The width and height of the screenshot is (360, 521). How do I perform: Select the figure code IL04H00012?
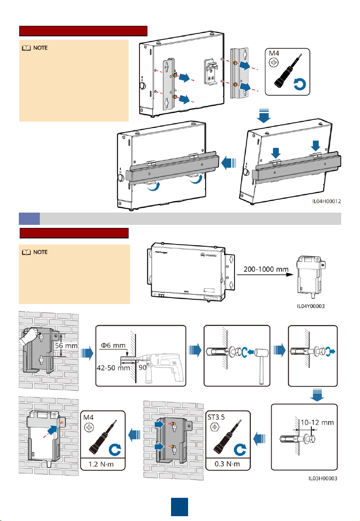pyautogui.click(x=326, y=202)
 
